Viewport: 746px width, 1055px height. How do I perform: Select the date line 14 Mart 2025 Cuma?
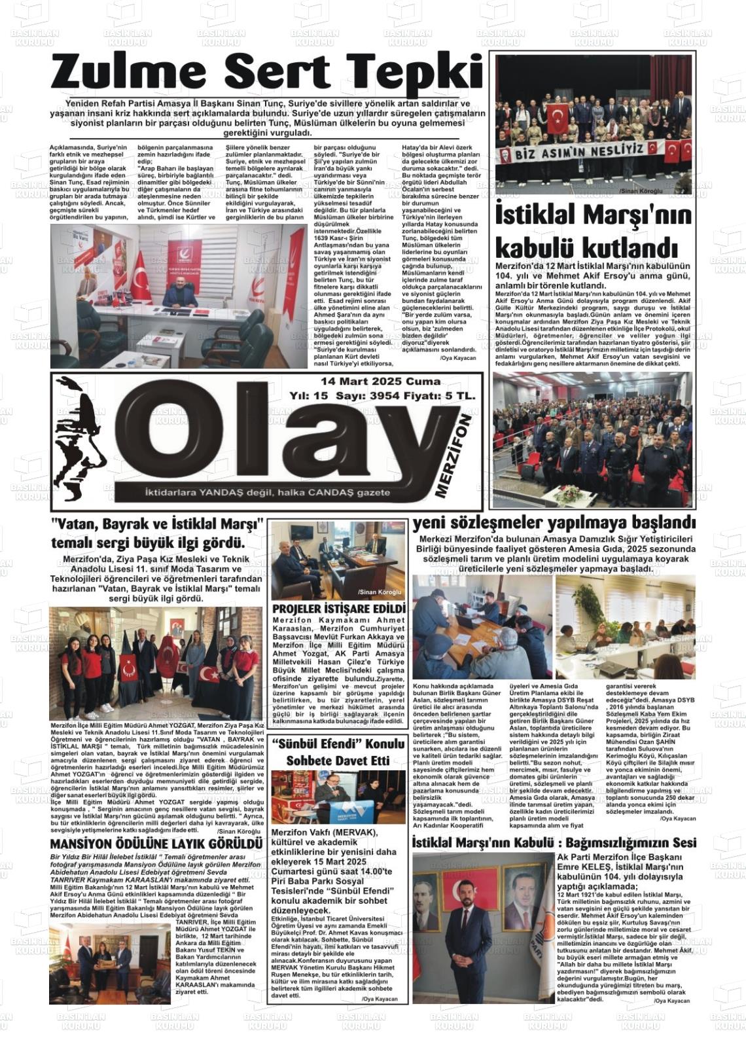click(x=380, y=381)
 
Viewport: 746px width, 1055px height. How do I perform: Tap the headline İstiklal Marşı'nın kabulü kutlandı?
click(x=593, y=232)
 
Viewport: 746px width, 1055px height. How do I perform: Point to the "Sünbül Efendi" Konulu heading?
click(x=339, y=744)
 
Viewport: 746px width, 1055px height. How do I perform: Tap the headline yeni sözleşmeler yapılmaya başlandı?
click(x=553, y=523)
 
